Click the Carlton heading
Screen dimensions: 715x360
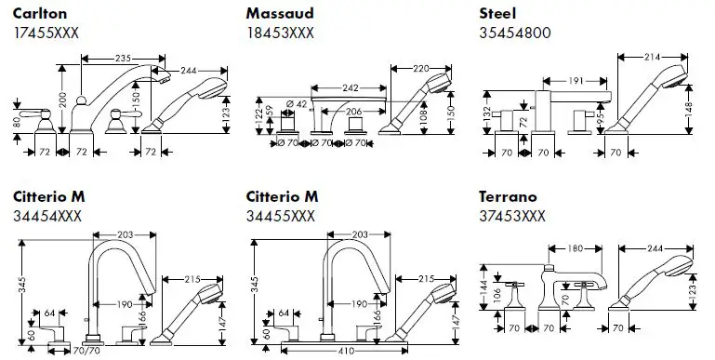click(40, 14)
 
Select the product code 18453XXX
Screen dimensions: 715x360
click(280, 33)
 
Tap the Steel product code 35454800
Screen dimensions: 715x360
click(515, 33)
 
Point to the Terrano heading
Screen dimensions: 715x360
click(508, 196)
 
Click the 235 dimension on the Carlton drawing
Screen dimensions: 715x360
click(123, 59)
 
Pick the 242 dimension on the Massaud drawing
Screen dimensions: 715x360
click(351, 87)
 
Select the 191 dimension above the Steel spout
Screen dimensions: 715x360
click(576, 81)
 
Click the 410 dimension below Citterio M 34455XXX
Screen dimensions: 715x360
click(347, 351)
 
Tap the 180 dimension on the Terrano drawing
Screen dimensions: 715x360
click(576, 248)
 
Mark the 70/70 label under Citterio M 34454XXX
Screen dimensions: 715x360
click(86, 351)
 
